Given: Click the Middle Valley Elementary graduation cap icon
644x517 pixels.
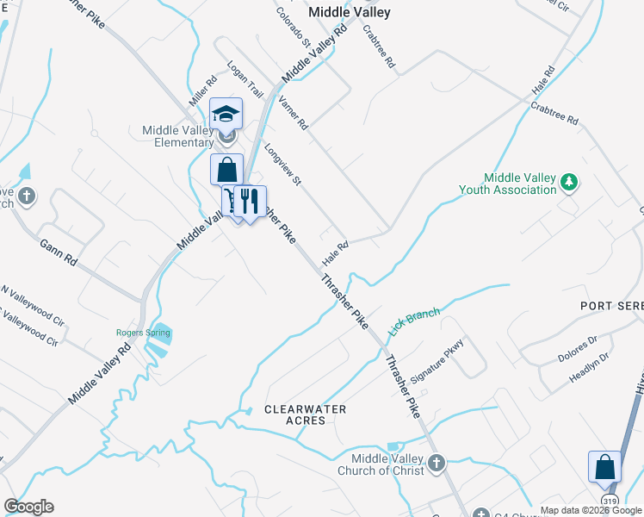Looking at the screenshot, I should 226,113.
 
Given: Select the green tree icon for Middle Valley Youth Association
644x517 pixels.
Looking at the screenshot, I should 567,183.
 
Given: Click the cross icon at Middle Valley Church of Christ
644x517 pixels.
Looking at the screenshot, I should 437,464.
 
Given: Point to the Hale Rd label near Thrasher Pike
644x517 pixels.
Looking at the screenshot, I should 335,252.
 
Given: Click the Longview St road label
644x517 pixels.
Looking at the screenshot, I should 283,165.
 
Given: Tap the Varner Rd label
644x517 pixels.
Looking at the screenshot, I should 293,113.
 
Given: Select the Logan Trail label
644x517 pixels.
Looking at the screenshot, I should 245,78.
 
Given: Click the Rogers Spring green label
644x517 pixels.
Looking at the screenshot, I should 137,333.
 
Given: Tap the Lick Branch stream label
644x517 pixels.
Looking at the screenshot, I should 414,321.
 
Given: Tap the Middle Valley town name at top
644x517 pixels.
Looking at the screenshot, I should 350,12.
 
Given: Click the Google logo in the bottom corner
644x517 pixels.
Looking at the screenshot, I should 28,507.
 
